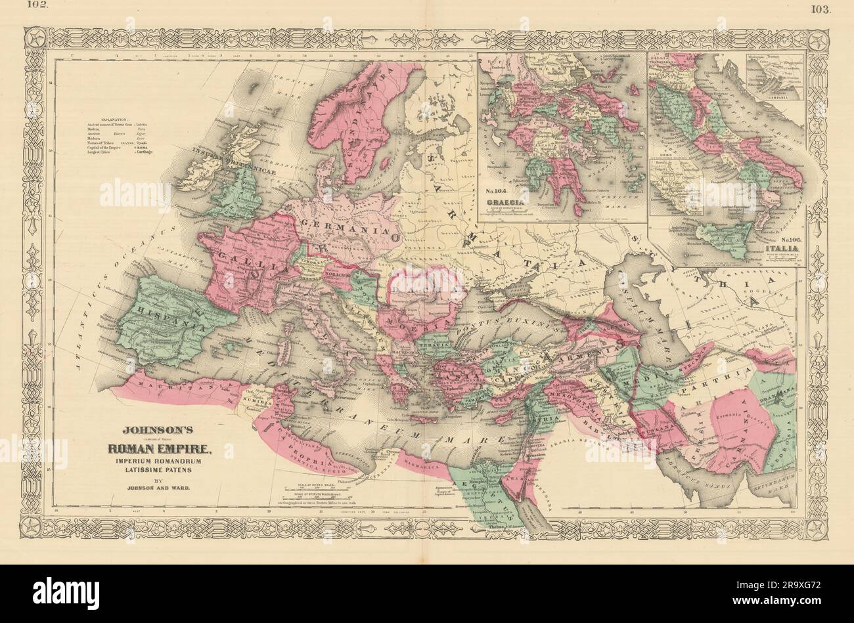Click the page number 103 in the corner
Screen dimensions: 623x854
pos(821,9)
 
